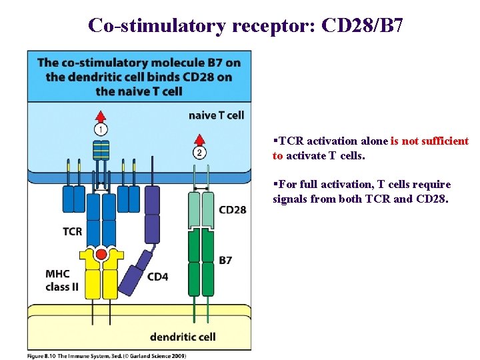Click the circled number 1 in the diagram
[x=101, y=129]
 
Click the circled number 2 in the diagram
[x=199, y=153]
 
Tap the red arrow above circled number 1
[x=101, y=113]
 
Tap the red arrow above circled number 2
[x=199, y=139]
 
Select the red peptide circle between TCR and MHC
[x=101, y=254]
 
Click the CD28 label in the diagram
[x=232, y=210]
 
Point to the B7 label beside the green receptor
[x=225, y=259]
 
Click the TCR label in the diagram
[x=73, y=231]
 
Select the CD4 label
[x=157, y=276]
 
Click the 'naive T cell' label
[x=216, y=115]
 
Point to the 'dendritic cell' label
[x=182, y=336]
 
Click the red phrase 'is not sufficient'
[x=429, y=141]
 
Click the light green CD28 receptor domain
[x=201, y=209]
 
